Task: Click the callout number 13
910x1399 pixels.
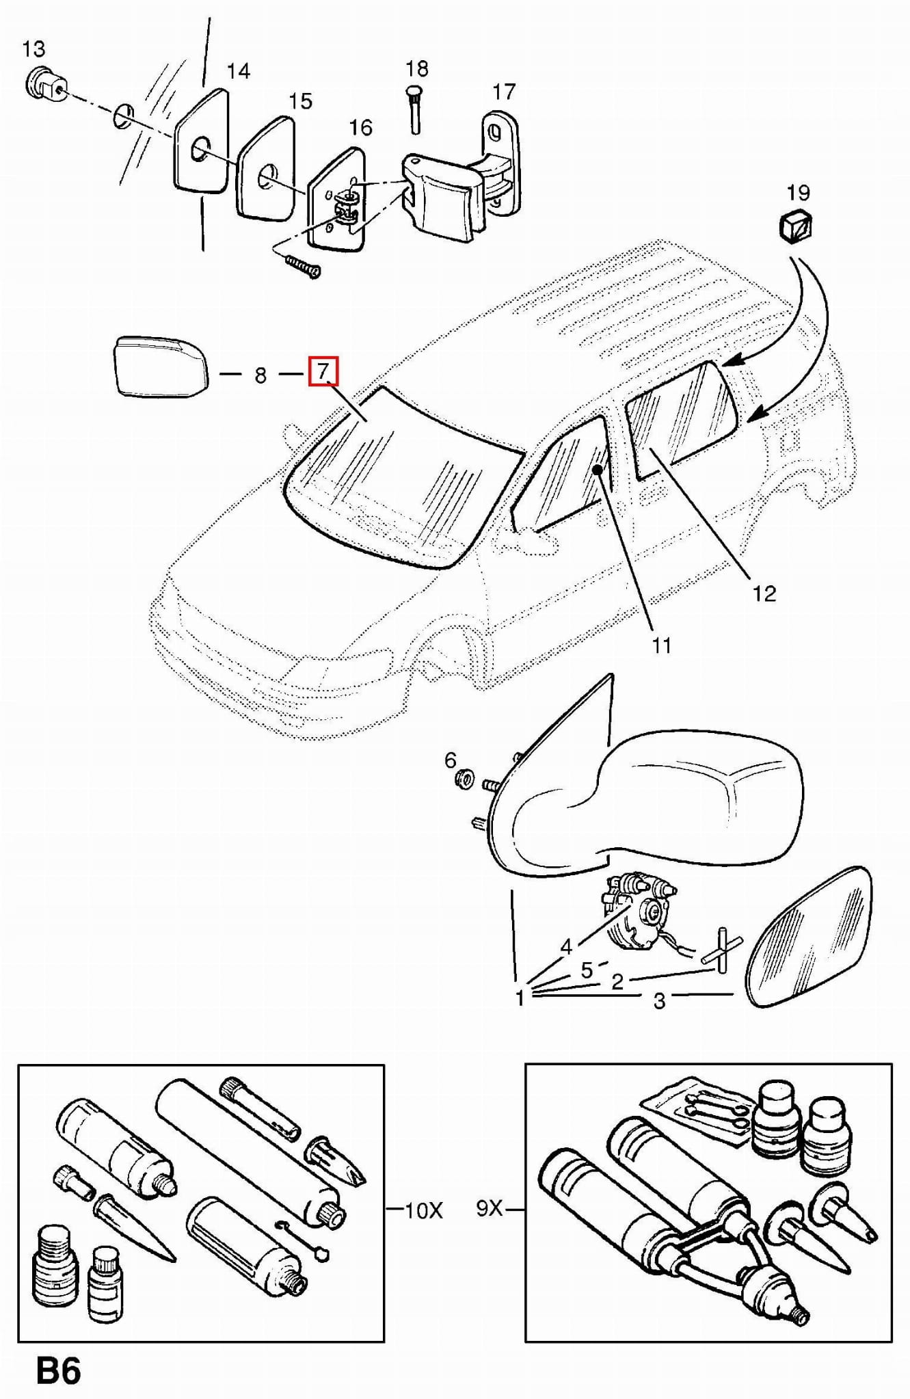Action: coord(34,49)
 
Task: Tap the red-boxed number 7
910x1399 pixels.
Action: coord(323,372)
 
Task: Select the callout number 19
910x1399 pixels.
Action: coord(798,193)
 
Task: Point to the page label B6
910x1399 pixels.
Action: coord(59,1371)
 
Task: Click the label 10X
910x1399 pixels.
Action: coord(424,1212)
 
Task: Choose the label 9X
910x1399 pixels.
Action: coord(490,1209)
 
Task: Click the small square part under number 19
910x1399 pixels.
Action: coord(796,226)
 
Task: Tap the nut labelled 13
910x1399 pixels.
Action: coord(46,86)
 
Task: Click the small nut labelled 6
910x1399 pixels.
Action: coord(466,777)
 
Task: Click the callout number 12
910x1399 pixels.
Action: coord(764,593)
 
